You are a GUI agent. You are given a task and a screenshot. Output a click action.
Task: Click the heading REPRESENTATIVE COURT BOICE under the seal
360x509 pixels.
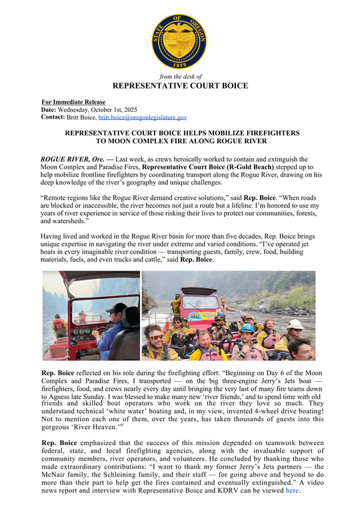tap(180, 86)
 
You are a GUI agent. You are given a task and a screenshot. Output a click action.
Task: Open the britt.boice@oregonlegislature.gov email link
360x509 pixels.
tap(143, 117)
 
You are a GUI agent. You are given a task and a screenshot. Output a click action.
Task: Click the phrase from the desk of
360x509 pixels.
tap(180, 77)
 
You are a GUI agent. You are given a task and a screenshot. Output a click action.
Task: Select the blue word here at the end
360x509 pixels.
tap(293, 491)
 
